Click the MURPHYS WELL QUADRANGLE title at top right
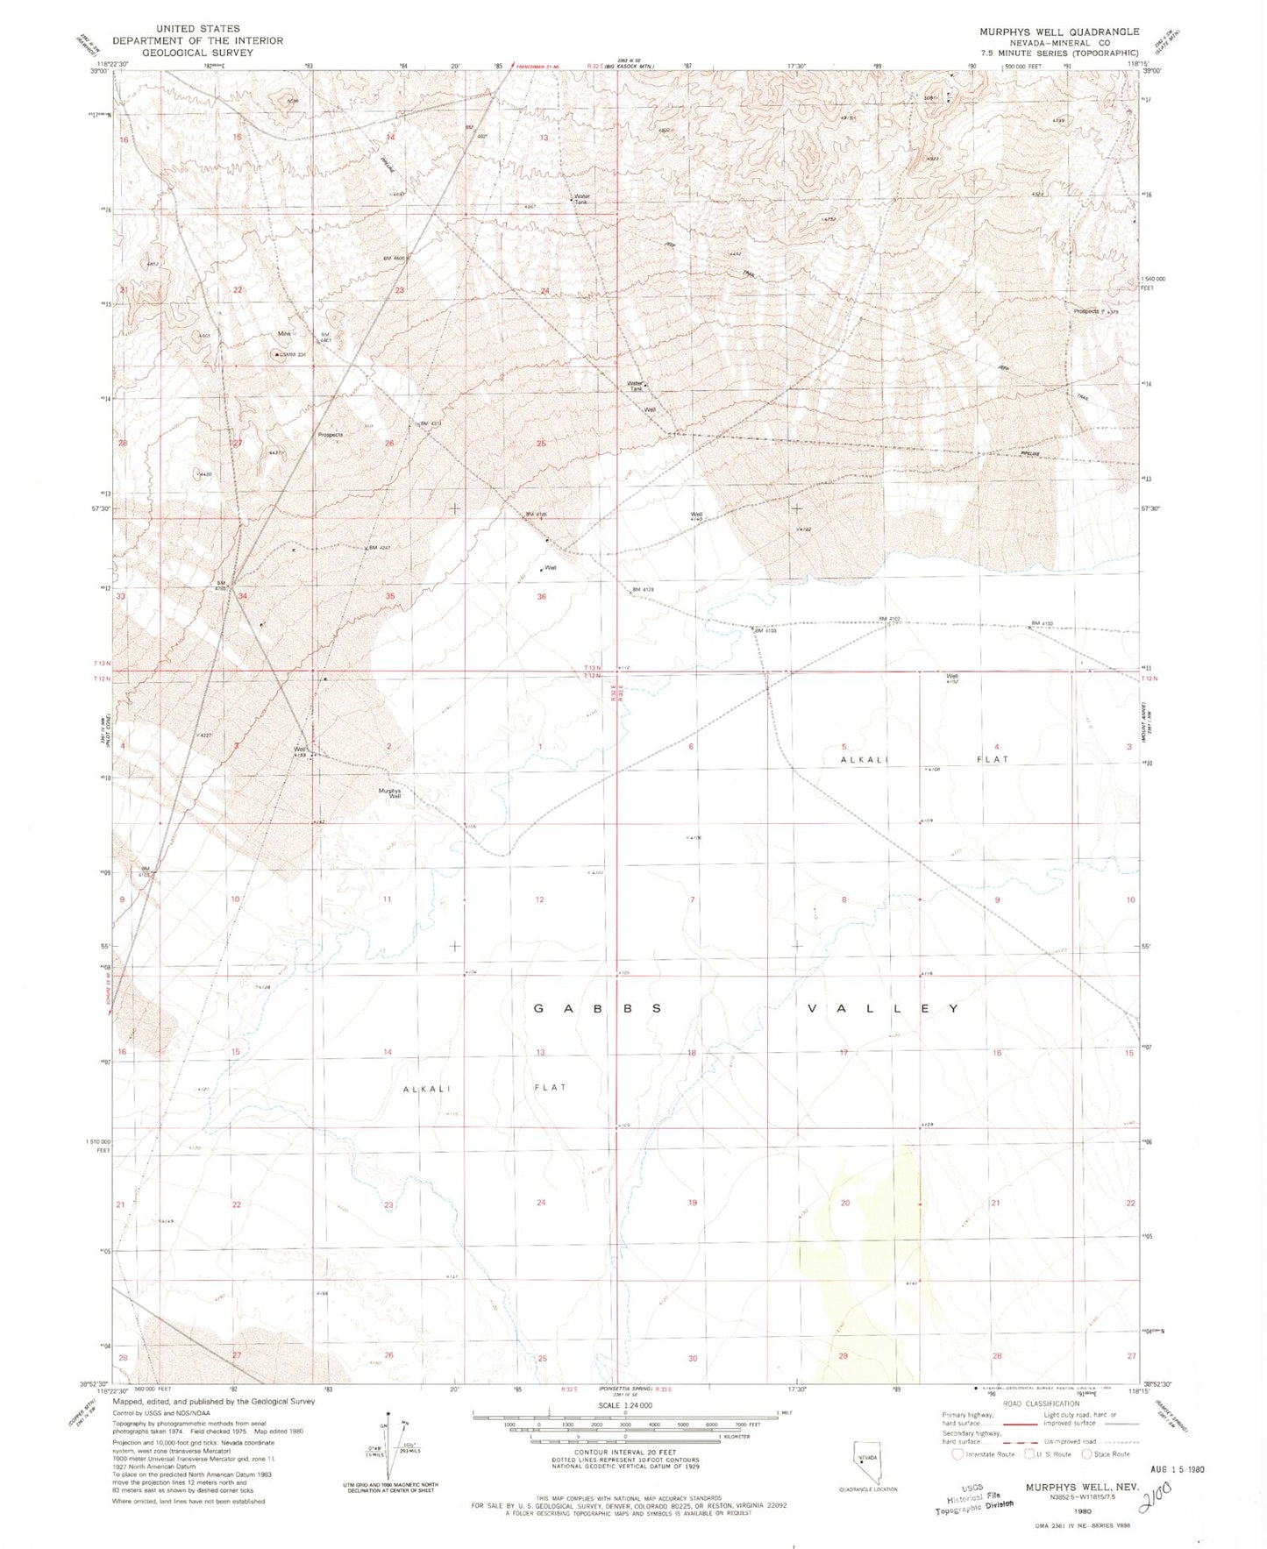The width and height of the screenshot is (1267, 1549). pos(1059,32)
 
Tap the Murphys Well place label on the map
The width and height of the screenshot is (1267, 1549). pos(389,792)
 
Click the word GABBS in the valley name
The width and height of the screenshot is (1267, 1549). pos(597,1009)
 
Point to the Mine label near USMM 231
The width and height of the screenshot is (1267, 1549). pos(284,333)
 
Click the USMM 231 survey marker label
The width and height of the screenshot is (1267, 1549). pos(293,355)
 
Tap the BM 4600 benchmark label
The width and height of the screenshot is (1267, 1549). pos(394,258)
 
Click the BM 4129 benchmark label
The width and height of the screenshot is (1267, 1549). pos(643,590)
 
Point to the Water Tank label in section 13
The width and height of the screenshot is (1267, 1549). pos(580,199)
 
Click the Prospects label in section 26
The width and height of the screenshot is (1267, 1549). pos(331,435)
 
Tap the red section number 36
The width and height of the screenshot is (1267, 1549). pos(541,596)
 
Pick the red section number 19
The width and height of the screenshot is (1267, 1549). pos(692,1203)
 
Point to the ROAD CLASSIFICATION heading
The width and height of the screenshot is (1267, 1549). pos(1041,1403)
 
